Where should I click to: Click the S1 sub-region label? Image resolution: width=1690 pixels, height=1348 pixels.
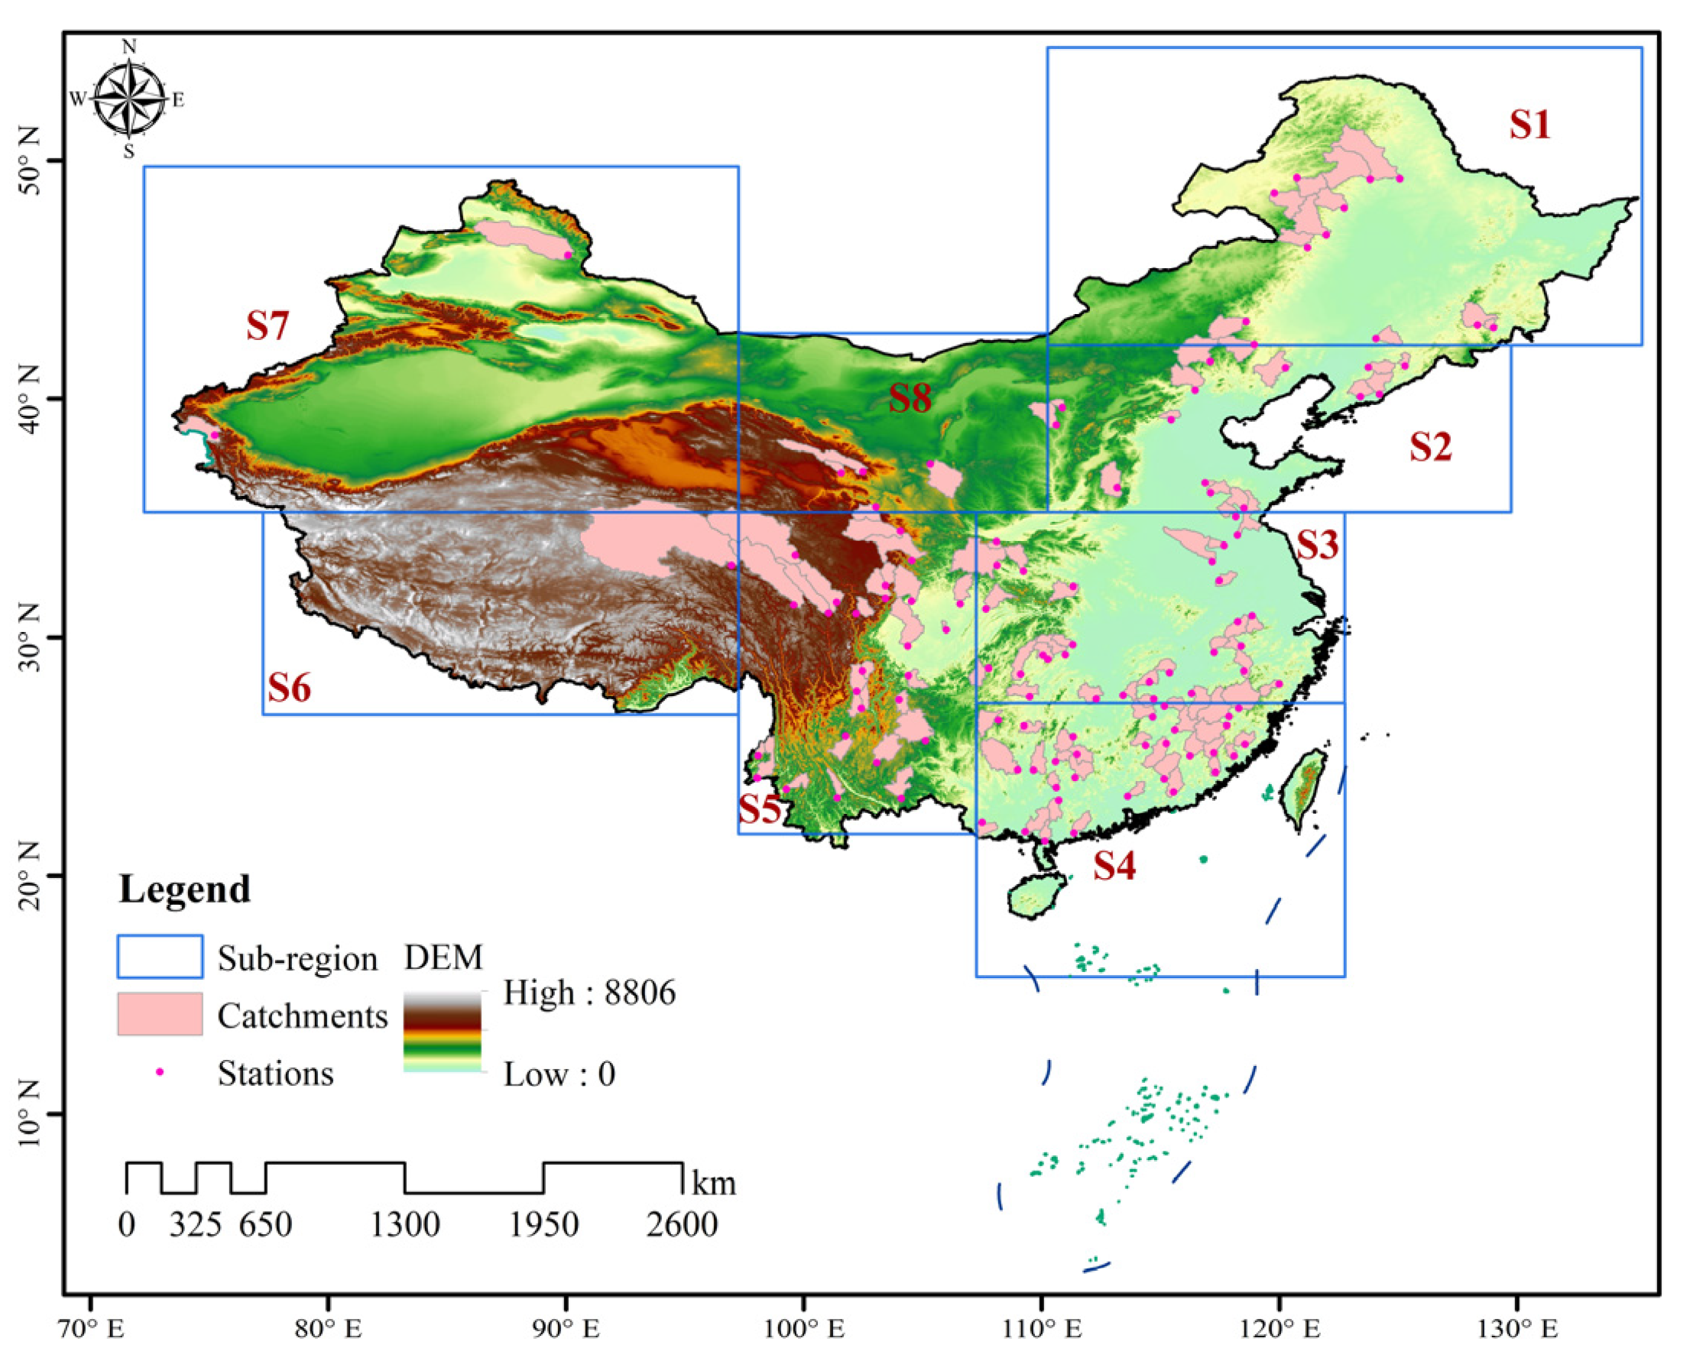coord(1529,125)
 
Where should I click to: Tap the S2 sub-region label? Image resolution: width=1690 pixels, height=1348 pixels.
coord(1431,447)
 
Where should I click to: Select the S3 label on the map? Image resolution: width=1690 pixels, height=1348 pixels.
coord(1317,545)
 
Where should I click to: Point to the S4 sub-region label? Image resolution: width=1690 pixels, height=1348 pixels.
coord(1114,866)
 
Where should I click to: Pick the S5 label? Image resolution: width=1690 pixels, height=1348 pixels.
coord(761,808)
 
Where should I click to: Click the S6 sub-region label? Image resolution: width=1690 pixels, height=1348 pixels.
coord(289,688)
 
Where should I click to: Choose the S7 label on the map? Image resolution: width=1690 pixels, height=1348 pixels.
coord(268,326)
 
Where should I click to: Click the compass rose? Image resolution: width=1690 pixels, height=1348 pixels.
coord(129,99)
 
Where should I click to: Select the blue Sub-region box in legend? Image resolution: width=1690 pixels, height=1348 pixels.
coord(160,957)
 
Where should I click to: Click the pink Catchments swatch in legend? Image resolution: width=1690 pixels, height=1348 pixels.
coord(160,1014)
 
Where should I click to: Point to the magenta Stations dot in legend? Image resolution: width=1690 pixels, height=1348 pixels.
coord(160,1072)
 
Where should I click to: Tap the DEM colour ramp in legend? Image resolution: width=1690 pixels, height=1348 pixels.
coord(442,1032)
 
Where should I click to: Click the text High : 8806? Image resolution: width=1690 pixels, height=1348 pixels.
coord(589,993)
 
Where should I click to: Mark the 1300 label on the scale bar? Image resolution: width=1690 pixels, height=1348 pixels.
coord(404,1224)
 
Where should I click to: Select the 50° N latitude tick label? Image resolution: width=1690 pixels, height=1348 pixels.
coord(31,159)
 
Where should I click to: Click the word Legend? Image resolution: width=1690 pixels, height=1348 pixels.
coord(185,889)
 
